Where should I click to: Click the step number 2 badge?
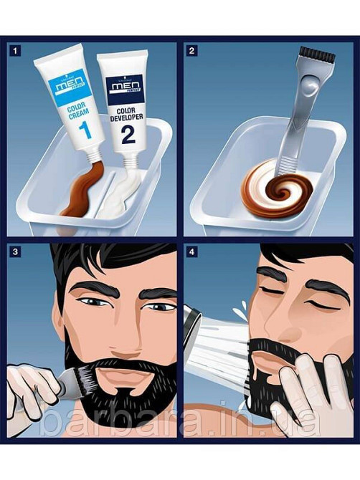(191, 51)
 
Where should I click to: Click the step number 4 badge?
(191, 252)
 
